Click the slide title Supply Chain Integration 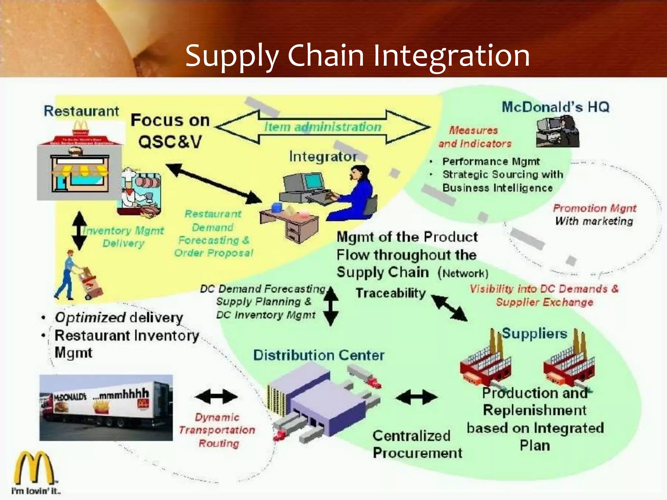point(357,56)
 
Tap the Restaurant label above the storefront point(81,111)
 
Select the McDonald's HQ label point(555,107)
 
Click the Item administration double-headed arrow point(322,127)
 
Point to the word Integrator point(323,157)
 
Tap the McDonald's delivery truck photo point(106,408)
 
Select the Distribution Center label point(319,355)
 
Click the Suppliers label point(534,334)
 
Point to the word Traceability point(390,293)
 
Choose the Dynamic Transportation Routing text point(217,430)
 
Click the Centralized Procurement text point(417,444)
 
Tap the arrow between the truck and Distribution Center point(216,396)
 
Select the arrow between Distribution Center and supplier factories point(417,397)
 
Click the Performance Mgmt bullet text point(491,161)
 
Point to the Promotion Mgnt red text point(594,208)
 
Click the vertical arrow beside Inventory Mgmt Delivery point(79,231)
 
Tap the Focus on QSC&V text point(170,131)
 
